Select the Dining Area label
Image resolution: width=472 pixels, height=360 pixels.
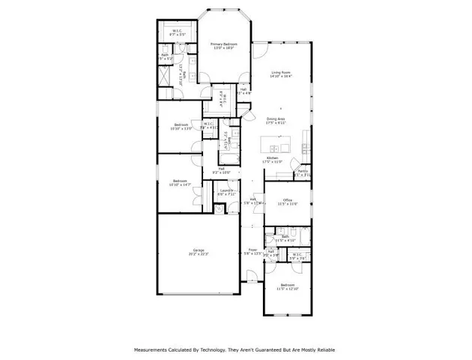pos(276,119)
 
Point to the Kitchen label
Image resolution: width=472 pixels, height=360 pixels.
pos(272,159)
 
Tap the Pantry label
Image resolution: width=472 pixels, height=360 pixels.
pos(302,172)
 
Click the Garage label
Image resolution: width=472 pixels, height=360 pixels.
pos(199,252)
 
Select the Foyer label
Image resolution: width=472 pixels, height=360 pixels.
pos(252,251)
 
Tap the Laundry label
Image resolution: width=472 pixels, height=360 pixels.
pos(226,193)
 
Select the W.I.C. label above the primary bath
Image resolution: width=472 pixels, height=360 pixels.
pos(177,32)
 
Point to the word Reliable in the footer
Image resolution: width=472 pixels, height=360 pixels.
pos(324,349)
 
